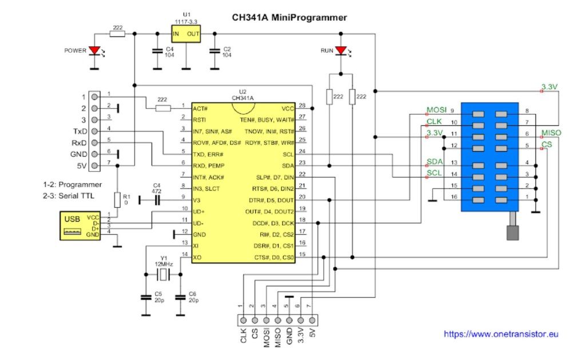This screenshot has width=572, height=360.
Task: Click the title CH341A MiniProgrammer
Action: (x=289, y=17)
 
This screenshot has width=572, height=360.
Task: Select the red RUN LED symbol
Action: (x=341, y=51)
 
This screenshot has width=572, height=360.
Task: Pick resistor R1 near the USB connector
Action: (x=117, y=199)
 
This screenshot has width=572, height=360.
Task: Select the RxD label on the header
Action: (x=79, y=143)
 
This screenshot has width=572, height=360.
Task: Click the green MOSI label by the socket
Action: (x=436, y=109)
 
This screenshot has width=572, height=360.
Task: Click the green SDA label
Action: (x=435, y=161)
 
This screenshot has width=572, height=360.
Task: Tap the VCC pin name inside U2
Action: (x=288, y=107)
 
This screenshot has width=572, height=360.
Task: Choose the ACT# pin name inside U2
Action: (x=201, y=107)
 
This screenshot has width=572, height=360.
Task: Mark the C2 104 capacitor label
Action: (x=227, y=52)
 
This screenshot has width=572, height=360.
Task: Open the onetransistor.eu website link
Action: (x=501, y=334)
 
